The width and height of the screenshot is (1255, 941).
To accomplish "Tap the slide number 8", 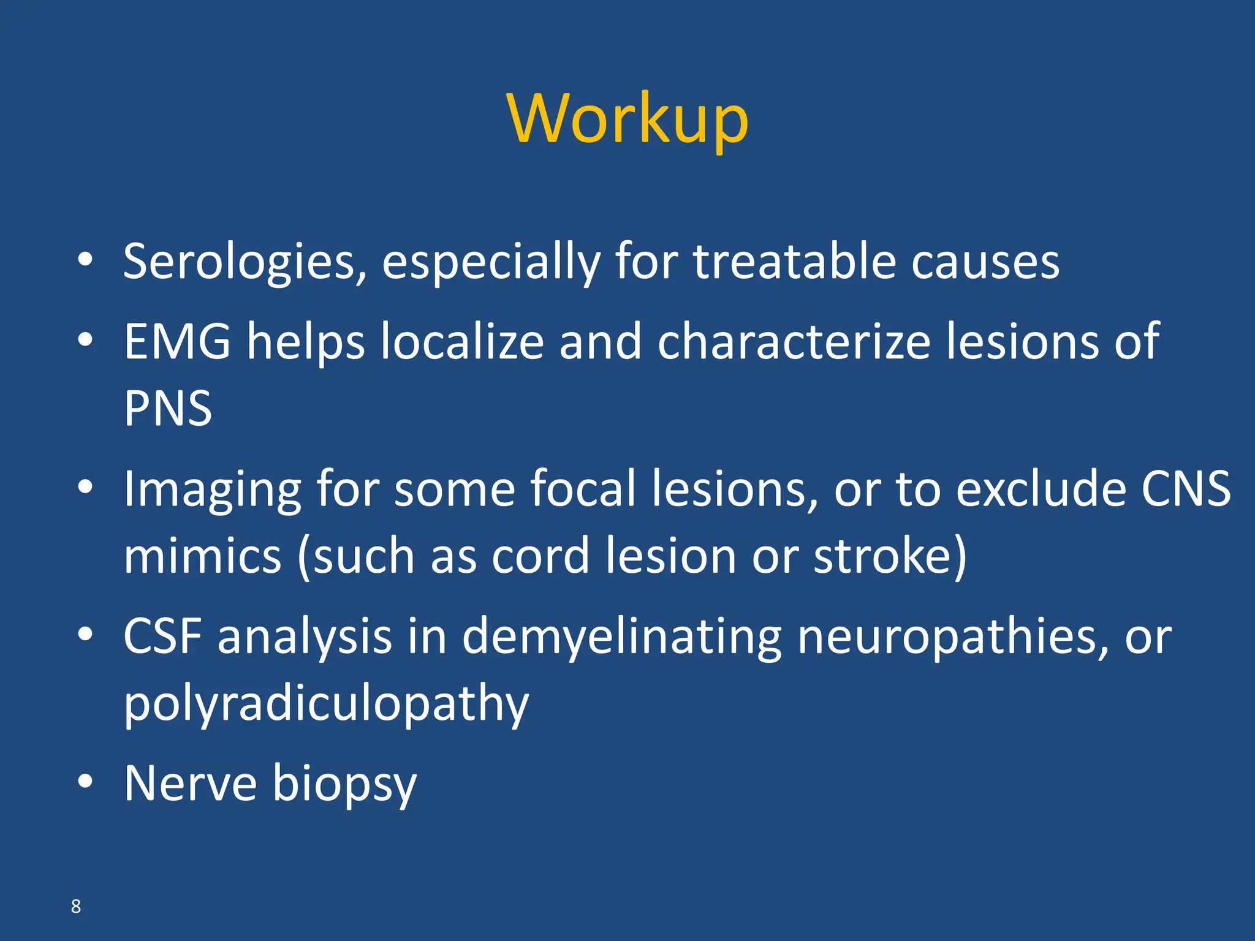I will pyautogui.click(x=76, y=906).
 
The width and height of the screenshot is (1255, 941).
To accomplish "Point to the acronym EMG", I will pyautogui.click(x=178, y=341).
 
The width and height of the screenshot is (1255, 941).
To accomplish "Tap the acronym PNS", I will pyautogui.click(x=168, y=408).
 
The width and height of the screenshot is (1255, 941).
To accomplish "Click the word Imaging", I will pyautogui.click(x=212, y=490).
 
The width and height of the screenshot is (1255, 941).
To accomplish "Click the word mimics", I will pyautogui.click(x=202, y=556).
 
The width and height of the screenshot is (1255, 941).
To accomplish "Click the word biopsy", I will pyautogui.click(x=344, y=785).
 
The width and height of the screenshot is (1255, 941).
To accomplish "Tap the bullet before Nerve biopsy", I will pyautogui.click(x=85, y=781).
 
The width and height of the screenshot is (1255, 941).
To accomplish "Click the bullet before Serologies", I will pyautogui.click(x=85, y=259).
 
